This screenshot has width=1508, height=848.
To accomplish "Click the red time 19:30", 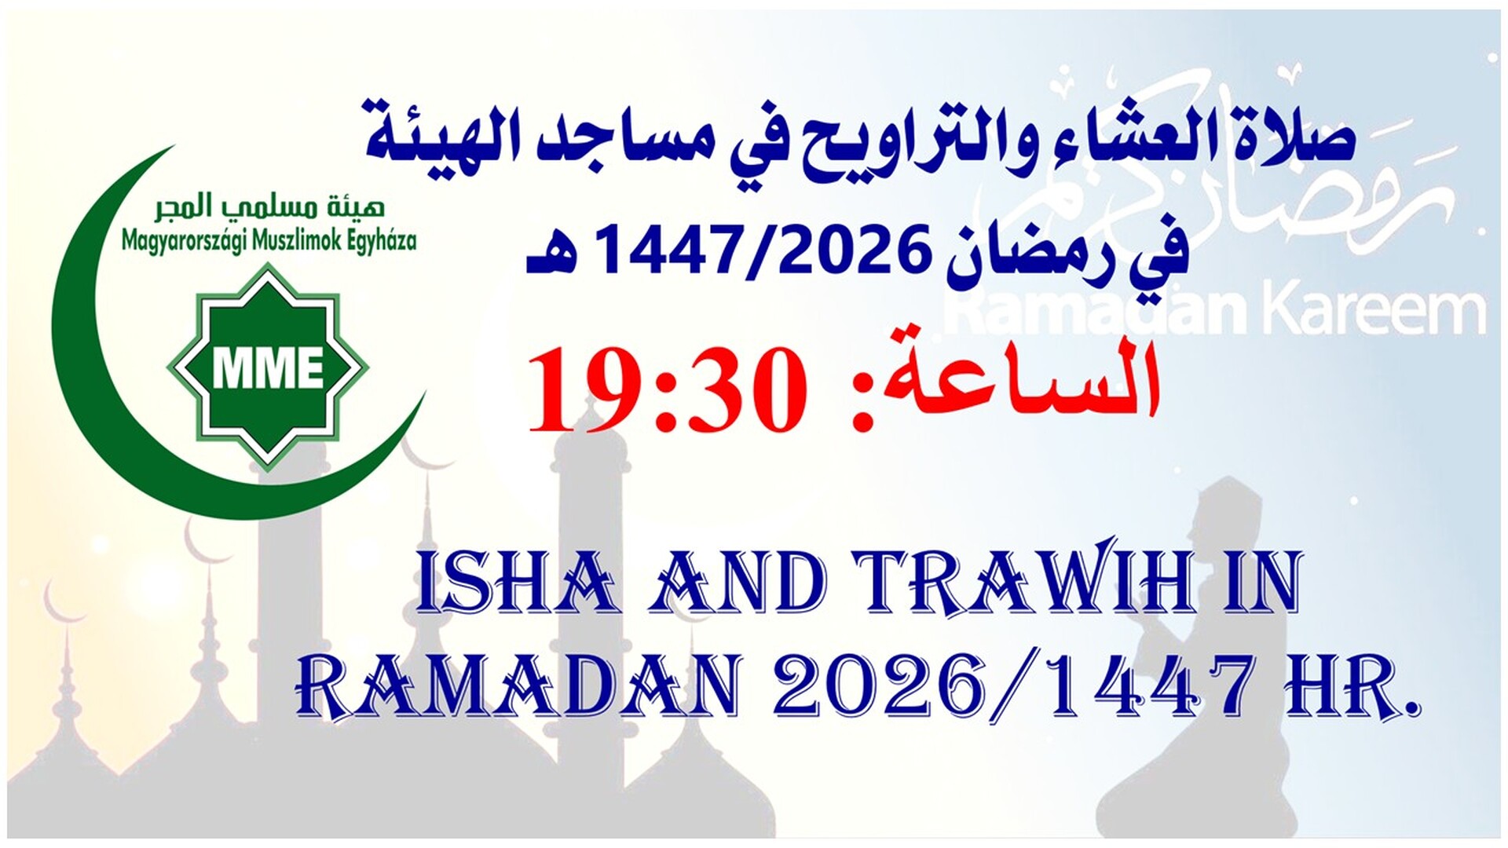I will coord(668,390).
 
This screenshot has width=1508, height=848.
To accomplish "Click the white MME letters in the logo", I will coord(268,367).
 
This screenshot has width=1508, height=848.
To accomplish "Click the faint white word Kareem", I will coord(1374,310).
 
